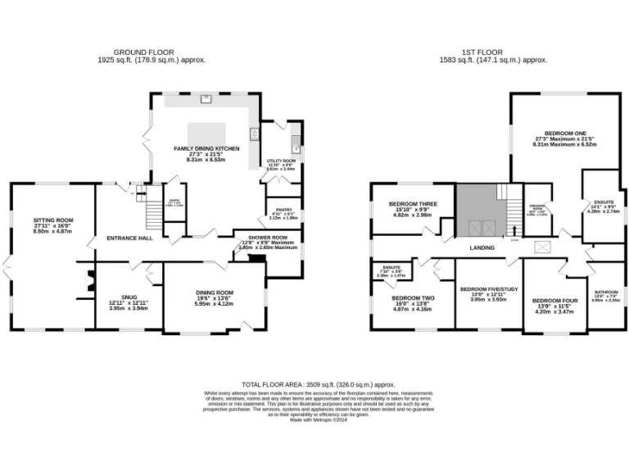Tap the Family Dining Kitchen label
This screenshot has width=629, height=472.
[206, 148]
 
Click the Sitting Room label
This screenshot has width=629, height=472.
[53, 220]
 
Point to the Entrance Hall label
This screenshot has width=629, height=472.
[129, 238]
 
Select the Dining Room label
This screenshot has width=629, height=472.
[214, 292]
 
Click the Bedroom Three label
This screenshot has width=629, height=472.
[413, 203]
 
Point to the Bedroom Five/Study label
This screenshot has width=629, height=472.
[489, 288]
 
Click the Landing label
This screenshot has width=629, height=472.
[481, 247]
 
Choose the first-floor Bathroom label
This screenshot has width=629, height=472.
[606, 292]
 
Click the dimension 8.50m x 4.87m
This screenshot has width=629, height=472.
[53, 232]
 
